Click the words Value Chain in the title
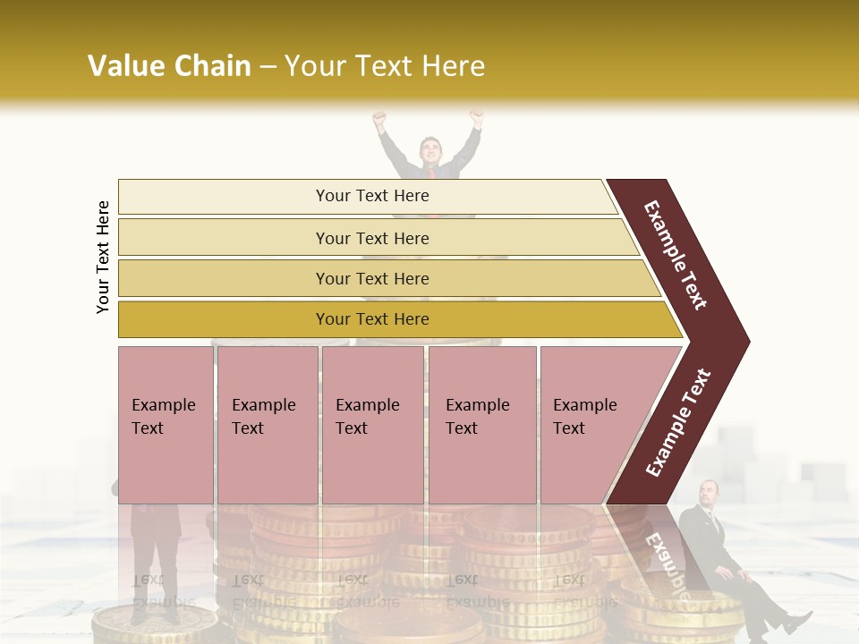(169, 66)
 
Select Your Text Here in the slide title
(385, 66)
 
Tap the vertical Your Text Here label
(103, 257)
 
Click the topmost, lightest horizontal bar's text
(372, 196)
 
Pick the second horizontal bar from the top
(372, 238)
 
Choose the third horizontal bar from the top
(372, 278)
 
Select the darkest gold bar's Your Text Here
(372, 319)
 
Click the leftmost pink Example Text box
(165, 417)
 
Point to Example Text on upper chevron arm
(676, 255)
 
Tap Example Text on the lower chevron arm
(678, 423)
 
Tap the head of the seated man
(710, 492)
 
